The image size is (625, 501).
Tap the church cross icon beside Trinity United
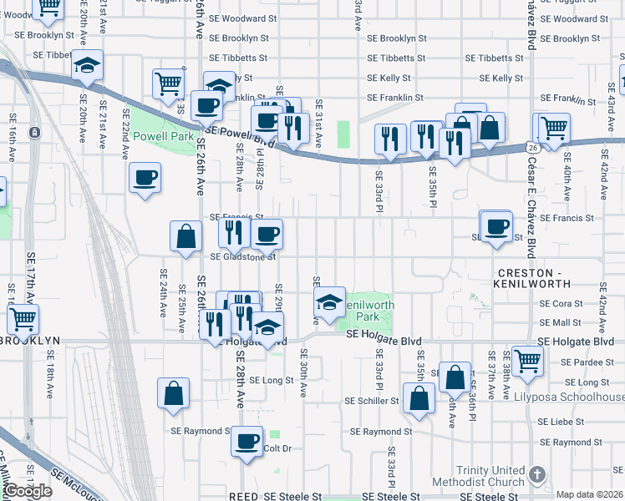[x=536, y=474]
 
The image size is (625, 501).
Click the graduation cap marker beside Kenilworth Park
[x=330, y=301]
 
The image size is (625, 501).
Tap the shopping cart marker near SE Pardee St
[x=527, y=361]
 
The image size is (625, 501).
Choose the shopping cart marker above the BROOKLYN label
[x=23, y=319]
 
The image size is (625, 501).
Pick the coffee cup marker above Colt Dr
[x=246, y=442]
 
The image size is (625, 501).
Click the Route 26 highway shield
[x=532, y=147]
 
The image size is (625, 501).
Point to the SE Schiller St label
[x=372, y=401]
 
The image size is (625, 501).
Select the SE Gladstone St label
[x=242, y=257]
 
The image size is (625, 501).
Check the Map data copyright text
[x=588, y=494]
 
